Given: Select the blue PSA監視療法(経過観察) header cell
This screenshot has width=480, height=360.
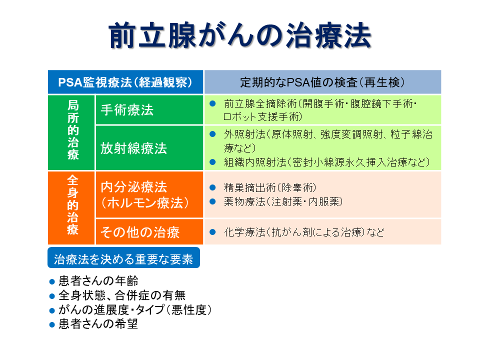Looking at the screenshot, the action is click(x=125, y=82).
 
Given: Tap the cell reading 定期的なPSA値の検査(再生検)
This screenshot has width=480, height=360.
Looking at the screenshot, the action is click(x=322, y=82).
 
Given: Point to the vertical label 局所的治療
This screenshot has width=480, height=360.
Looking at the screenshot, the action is click(x=73, y=130).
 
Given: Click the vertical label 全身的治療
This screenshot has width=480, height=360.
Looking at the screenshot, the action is click(x=73, y=205).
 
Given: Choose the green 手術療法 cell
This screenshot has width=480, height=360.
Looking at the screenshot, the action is click(x=149, y=110).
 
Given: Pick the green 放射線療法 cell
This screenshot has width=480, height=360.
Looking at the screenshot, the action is click(x=149, y=148).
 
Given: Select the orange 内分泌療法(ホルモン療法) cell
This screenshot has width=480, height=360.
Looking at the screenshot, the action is click(x=149, y=194).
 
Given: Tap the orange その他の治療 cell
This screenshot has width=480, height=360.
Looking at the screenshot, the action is click(x=149, y=231).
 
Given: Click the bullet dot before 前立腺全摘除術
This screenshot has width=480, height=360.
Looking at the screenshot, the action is click(x=212, y=104).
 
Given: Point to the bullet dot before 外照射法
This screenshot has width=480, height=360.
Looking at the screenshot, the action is click(x=212, y=134).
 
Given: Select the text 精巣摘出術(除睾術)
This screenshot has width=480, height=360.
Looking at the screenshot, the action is click(x=270, y=187).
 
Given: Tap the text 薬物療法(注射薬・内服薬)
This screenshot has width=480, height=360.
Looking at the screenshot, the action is click(x=283, y=201).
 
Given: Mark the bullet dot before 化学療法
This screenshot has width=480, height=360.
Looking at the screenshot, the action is click(x=212, y=232).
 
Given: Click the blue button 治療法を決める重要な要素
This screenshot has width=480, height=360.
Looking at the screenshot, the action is click(x=123, y=258).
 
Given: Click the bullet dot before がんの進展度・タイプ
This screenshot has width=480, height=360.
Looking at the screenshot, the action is click(x=52, y=310).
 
